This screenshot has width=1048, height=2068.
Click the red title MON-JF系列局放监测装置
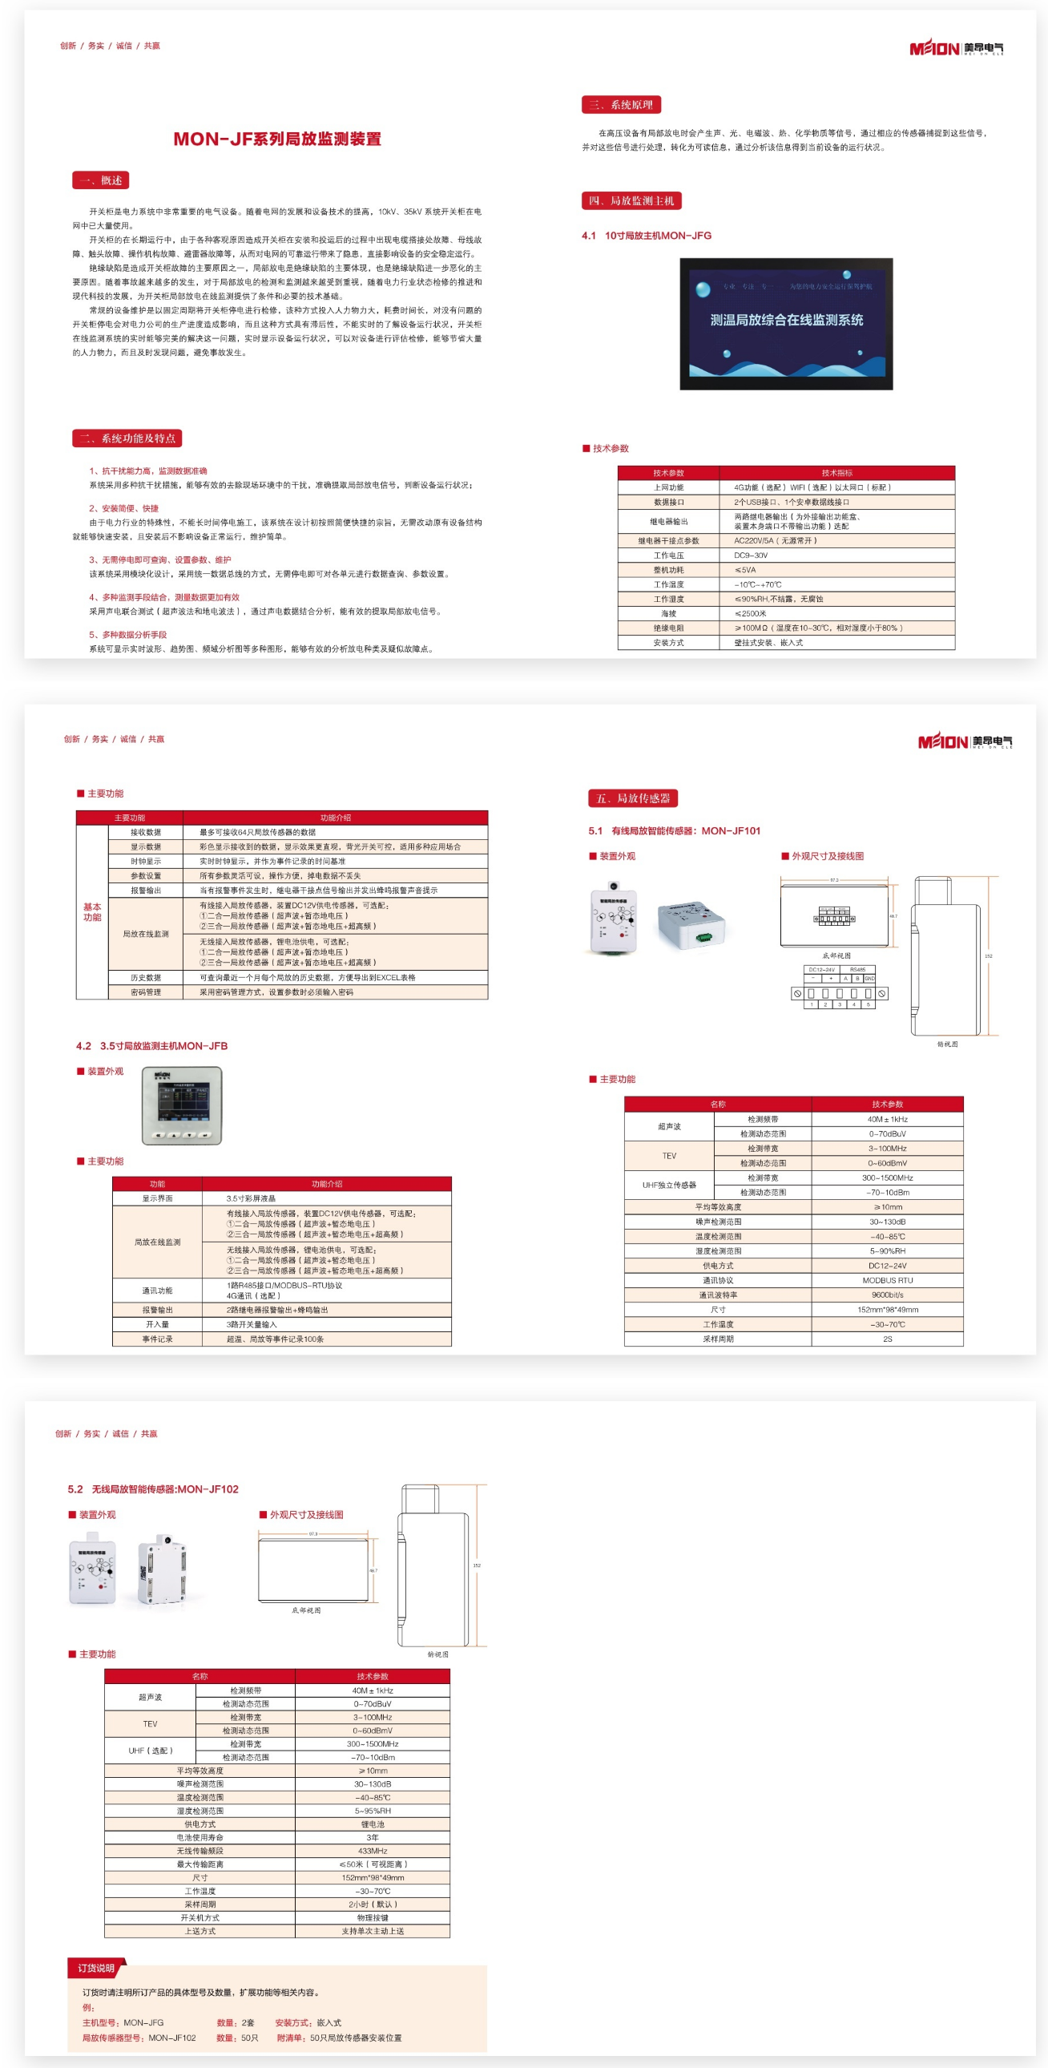[x=277, y=139]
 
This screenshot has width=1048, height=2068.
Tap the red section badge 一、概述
[x=100, y=180]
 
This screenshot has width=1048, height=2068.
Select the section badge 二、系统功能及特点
[x=127, y=438]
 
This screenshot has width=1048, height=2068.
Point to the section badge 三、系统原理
[x=621, y=105]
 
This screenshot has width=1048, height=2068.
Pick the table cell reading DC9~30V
[x=751, y=555]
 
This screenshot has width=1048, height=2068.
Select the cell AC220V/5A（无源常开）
[x=775, y=541]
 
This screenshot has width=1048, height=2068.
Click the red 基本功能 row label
[x=92, y=912]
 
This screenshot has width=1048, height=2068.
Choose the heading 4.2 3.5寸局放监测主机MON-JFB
[x=151, y=1046]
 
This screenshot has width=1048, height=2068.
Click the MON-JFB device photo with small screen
[x=182, y=1105]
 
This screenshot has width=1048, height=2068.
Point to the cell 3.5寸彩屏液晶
[x=251, y=1198]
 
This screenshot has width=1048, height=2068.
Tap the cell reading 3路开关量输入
[x=251, y=1325]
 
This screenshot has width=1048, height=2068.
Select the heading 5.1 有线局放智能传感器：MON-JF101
[x=674, y=831]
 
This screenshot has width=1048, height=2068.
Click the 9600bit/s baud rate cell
[x=887, y=1295]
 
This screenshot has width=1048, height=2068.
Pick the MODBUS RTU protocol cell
[x=887, y=1280]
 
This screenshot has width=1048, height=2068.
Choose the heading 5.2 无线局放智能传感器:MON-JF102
[x=153, y=1489]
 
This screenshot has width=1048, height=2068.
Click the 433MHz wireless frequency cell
[x=373, y=1851]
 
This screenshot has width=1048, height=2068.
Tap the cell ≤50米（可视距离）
[x=373, y=1864]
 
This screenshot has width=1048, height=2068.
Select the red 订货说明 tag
[x=96, y=1968]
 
